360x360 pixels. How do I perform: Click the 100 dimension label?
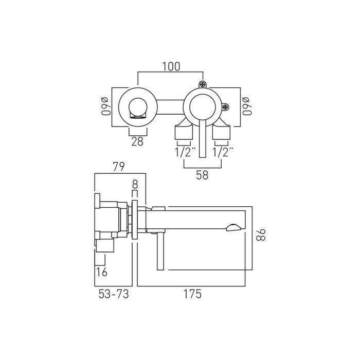171,66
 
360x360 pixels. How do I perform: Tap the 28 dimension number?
137,141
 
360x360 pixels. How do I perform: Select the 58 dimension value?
202,175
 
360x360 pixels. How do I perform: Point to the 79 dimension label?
119,167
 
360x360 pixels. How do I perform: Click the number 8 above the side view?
135,184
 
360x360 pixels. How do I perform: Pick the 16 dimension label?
101,272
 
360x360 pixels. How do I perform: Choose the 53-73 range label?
114,294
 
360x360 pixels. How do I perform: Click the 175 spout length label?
192,294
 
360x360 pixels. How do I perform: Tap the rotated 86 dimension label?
261,235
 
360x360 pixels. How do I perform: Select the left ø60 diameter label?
105,106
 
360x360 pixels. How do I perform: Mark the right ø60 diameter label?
247,106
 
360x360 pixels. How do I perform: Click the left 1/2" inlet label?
186,152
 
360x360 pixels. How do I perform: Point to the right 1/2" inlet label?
223,152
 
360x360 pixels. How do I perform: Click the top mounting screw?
203,84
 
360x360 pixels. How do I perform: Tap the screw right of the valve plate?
226,107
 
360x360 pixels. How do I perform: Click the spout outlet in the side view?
233,227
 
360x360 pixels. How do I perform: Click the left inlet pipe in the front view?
184,133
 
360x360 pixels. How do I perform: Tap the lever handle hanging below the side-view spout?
160,251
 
